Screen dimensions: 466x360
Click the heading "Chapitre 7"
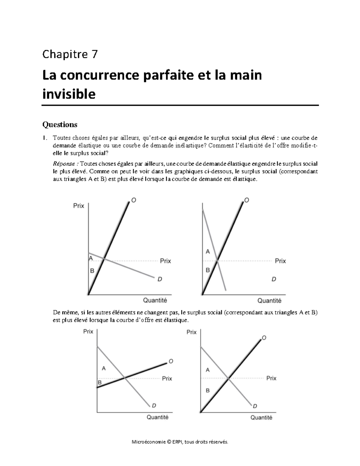click(70, 55)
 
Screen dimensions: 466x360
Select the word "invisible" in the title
click(69, 94)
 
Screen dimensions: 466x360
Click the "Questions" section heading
click(60, 124)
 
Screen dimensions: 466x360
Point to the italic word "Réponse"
click(65, 164)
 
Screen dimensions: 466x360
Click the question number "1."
click(45, 138)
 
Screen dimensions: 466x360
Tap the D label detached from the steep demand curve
click(274, 279)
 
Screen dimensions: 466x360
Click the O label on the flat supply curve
click(171, 361)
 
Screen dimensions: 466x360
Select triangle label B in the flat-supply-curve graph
click(100, 383)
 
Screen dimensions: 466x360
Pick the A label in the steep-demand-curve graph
click(208, 252)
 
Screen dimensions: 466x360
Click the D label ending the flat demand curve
click(160, 279)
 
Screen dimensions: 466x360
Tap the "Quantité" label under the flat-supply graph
click(157, 417)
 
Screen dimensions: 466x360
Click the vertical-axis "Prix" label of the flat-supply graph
click(88, 332)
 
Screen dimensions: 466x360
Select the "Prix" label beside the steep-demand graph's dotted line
click(280, 261)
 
